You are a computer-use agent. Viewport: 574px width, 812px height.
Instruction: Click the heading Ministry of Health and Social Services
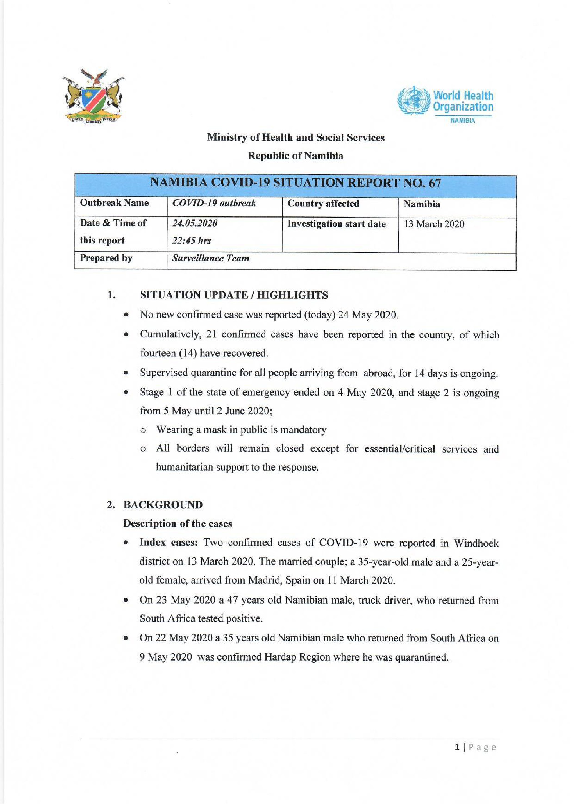pyautogui.click(x=295, y=138)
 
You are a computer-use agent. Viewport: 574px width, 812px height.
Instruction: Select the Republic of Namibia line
pyautogui.click(x=295, y=156)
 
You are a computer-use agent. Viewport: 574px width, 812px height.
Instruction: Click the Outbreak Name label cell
pyautogui.click(x=114, y=203)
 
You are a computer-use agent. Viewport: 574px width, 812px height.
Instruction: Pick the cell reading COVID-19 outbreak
pyautogui.click(x=214, y=204)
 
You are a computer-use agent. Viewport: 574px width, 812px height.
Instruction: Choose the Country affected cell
pyautogui.click(x=323, y=204)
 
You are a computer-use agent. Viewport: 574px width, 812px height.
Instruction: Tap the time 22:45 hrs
pyautogui.click(x=192, y=241)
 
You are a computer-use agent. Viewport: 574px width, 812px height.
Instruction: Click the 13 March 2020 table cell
pyautogui.click(x=434, y=224)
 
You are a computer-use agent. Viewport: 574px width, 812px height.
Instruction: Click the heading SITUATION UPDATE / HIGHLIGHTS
pyautogui.click(x=234, y=295)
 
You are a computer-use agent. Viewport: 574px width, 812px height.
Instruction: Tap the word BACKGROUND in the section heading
pyautogui.click(x=163, y=505)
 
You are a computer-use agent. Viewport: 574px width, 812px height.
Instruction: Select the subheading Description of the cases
pyautogui.click(x=177, y=524)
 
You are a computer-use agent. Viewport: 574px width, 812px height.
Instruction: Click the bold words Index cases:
pyautogui.click(x=168, y=543)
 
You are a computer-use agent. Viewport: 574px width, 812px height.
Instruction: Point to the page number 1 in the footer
pyautogui.click(x=457, y=747)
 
